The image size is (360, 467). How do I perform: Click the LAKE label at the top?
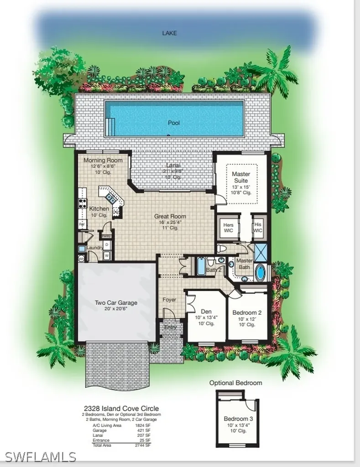pos(169,33)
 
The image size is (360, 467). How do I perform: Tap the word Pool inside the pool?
pos(174,123)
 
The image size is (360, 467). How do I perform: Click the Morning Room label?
pos(103,161)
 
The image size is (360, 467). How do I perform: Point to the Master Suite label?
pos(240,177)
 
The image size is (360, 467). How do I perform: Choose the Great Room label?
pos(170,217)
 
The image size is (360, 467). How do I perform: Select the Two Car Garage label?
pos(116,302)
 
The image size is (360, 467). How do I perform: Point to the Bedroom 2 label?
pos(247,312)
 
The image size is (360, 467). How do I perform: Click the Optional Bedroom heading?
pos(236,383)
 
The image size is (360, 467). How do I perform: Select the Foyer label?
pos(169,300)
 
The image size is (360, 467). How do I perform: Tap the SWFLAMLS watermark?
pos(41,457)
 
